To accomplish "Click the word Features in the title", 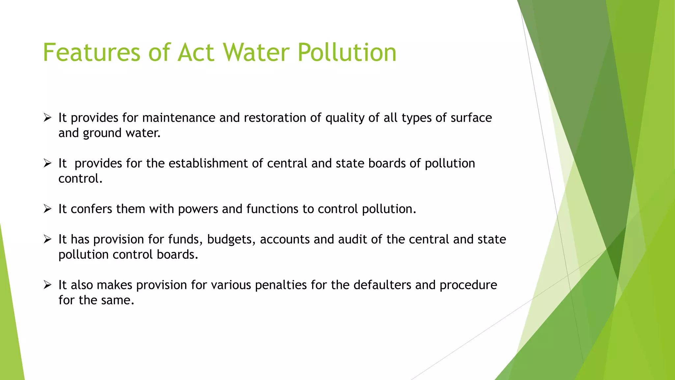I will coord(92,52).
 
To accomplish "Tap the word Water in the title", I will coord(256,52).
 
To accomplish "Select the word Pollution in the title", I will coord(347,52).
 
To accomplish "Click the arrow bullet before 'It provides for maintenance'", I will coord(47,117).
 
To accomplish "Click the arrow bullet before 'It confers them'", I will coord(47,209).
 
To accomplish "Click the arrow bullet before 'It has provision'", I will coord(47,239).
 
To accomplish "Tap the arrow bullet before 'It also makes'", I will coord(47,285).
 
